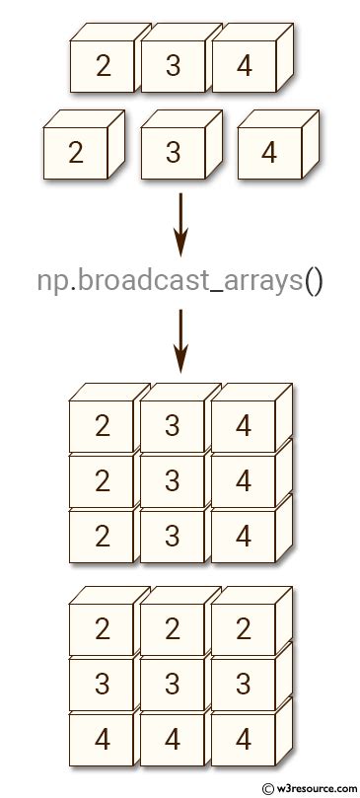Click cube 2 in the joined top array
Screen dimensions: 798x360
(103, 67)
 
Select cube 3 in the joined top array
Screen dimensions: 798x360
(174, 67)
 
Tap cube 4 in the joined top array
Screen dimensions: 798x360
(244, 67)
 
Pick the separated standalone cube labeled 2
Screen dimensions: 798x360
(78, 153)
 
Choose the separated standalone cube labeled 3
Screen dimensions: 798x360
(174, 153)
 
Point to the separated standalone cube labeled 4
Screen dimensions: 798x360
(269, 153)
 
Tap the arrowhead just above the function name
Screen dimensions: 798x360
(180, 241)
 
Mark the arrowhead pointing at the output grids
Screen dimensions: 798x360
(180, 360)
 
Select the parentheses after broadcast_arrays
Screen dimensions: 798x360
(313, 281)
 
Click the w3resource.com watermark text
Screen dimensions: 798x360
(317, 788)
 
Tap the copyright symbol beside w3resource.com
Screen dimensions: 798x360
(267, 788)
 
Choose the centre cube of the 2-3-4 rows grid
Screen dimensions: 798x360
(174, 482)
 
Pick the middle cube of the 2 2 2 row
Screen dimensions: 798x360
(174, 628)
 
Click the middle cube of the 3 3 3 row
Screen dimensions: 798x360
(174, 684)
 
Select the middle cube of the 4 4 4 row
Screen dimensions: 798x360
(174, 739)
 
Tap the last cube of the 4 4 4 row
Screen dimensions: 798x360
(244, 739)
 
